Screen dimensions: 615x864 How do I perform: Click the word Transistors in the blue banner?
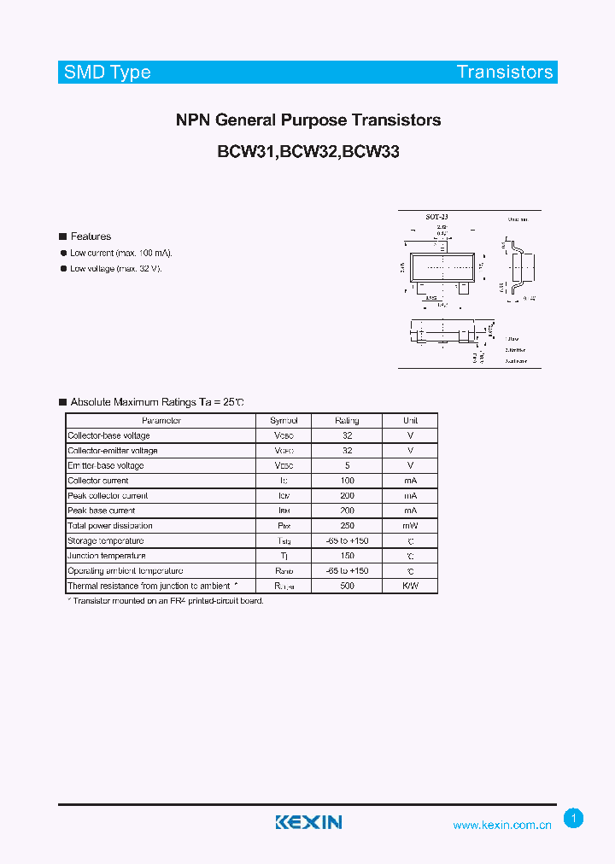coord(505,72)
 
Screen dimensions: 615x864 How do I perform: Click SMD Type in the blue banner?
coord(108,72)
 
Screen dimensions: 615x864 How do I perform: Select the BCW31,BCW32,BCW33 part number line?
coord(308,152)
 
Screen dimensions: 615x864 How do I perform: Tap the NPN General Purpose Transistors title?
coord(308,120)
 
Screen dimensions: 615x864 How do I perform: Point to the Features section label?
coord(91,236)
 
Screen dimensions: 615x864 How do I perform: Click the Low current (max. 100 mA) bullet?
coord(121,253)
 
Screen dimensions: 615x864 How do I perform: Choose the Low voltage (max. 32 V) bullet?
coord(115,268)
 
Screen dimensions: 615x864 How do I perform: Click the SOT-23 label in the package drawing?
coord(436,219)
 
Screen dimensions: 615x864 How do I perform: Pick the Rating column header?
coord(347,421)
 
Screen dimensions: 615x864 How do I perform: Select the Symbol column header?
coord(284,421)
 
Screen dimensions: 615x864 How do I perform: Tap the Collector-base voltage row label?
coord(108,435)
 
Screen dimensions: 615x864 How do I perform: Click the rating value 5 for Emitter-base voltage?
coord(347,465)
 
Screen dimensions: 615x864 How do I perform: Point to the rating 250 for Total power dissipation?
coord(347,526)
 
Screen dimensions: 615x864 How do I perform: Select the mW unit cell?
coord(411,526)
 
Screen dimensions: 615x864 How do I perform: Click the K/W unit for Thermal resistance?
coord(411,586)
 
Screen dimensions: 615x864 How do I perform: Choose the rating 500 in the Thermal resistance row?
coord(347,586)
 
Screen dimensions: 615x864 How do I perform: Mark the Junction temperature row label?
coord(107,556)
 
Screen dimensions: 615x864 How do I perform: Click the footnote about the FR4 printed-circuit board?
coord(166,601)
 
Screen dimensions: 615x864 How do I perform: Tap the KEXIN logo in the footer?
coord(308,822)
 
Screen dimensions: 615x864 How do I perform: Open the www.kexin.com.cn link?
coord(502,825)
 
